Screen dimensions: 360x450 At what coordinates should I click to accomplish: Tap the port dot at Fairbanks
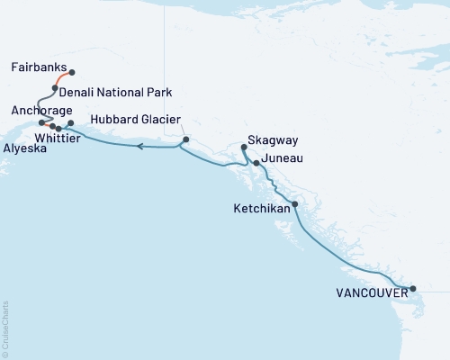click(x=72, y=72)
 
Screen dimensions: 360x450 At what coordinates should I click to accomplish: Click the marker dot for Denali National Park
click(x=55, y=88)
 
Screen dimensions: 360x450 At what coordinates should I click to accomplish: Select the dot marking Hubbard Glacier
click(x=185, y=139)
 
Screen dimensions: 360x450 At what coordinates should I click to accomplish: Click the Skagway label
click(x=275, y=141)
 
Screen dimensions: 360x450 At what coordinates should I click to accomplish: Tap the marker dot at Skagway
click(x=244, y=146)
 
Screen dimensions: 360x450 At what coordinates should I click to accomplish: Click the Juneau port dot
click(x=256, y=163)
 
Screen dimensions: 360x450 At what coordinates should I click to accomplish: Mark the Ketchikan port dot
click(x=295, y=204)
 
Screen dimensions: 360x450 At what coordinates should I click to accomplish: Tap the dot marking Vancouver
click(x=413, y=289)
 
